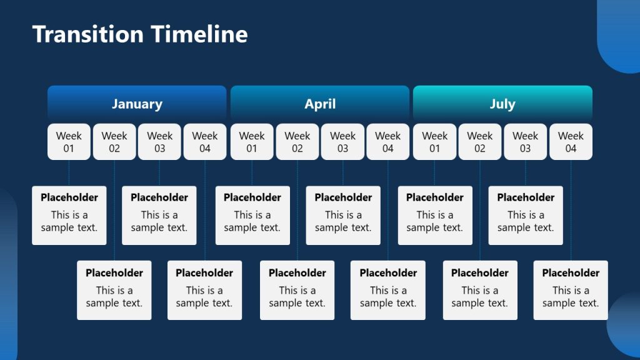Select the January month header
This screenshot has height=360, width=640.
[x=137, y=104]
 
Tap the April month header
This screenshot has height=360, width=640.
[x=320, y=104]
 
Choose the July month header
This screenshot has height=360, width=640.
[x=502, y=104]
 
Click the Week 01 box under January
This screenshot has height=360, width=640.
[x=69, y=142]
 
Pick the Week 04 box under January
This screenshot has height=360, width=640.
[x=205, y=142]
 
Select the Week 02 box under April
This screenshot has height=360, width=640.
[x=297, y=142]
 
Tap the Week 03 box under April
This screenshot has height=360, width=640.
[x=342, y=142]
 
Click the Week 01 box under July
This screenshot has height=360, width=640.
[x=434, y=142]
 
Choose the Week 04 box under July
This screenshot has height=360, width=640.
[x=571, y=142]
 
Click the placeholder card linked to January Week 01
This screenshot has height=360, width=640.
[x=69, y=215]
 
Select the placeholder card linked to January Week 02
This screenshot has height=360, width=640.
[x=114, y=290]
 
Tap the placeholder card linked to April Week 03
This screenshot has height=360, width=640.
[x=343, y=215]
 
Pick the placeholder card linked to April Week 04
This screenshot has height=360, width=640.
[x=388, y=290]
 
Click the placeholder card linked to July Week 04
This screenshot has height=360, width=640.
[x=571, y=290]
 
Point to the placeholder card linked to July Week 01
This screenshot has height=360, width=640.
[x=434, y=215]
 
